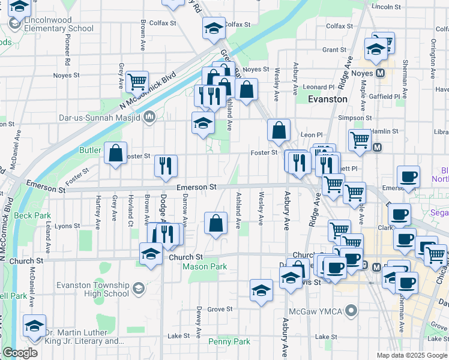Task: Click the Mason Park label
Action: [x=204, y=266]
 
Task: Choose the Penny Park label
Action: [x=229, y=341]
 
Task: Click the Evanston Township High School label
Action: [x=92, y=289]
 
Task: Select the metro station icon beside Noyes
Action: [x=380, y=73]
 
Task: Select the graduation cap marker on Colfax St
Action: [x=212, y=28]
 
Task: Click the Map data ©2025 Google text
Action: [x=411, y=355]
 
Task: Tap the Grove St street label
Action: [x=220, y=309]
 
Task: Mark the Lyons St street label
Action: [x=67, y=226]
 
